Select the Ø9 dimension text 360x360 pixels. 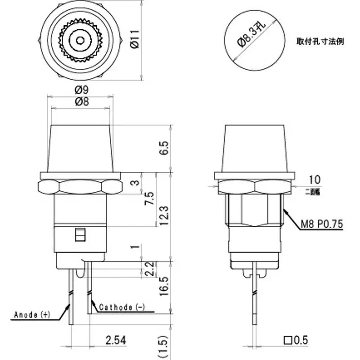click(81, 90)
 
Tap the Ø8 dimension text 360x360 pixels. click(81, 102)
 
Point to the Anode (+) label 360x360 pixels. click(32, 314)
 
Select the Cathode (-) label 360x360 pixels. click(121, 307)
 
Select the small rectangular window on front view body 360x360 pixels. click(81, 235)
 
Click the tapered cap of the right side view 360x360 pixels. click(254, 148)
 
